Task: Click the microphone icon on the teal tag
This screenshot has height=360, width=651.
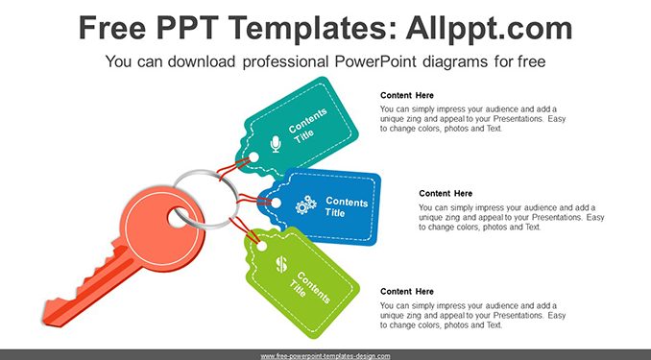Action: (276, 144)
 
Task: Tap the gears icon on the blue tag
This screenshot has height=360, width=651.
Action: (306, 204)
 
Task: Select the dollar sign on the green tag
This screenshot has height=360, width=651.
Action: (281, 264)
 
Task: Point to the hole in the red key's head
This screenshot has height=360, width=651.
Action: (178, 219)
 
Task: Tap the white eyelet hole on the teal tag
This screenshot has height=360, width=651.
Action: (253, 157)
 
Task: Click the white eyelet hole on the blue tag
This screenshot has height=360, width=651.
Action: (276, 203)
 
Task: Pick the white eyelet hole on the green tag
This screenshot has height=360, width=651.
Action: (261, 246)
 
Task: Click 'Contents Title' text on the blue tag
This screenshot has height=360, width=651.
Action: (347, 206)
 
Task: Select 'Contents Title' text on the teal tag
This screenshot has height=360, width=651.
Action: (307, 126)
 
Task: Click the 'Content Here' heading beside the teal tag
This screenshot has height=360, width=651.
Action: (407, 95)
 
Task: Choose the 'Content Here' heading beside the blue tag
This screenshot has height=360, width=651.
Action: (446, 193)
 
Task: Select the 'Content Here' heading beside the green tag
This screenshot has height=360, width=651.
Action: (407, 292)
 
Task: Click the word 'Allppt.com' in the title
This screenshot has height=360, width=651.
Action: (489, 28)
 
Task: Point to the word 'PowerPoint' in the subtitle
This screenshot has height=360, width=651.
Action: (374, 61)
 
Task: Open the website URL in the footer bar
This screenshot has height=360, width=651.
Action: (325, 356)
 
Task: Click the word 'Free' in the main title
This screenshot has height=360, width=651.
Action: (112, 28)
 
